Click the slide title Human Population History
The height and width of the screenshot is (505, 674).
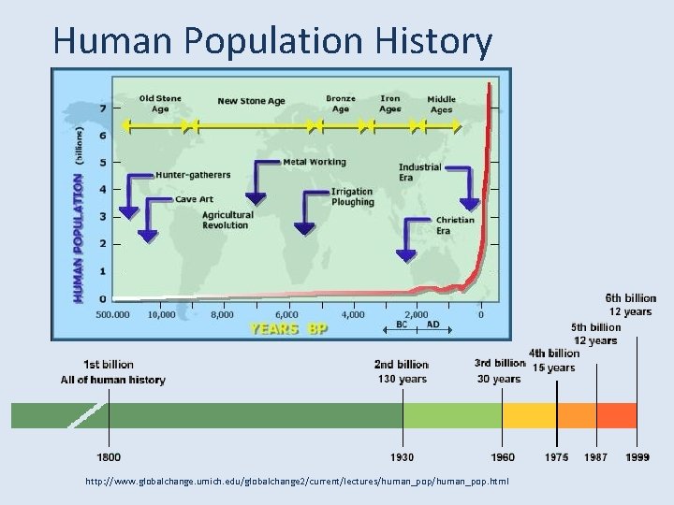click(272, 41)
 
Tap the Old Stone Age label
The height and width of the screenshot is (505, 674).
click(160, 103)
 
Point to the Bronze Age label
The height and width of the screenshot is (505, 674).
click(340, 103)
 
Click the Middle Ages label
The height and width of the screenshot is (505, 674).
click(442, 104)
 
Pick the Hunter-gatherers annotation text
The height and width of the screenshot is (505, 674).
click(194, 175)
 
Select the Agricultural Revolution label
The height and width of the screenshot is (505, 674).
click(227, 220)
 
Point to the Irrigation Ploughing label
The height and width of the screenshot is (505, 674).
click(352, 197)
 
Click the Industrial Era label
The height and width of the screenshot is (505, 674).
click(418, 172)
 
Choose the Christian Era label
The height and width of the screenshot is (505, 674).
click(455, 225)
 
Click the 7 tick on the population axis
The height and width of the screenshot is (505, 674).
click(103, 108)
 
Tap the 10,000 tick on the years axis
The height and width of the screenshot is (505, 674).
click(161, 314)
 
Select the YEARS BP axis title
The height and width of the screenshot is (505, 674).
click(286, 329)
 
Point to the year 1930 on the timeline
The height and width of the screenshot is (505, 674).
click(403, 457)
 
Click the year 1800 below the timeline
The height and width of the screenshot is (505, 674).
click(108, 457)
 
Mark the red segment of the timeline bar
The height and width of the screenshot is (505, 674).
click(617, 415)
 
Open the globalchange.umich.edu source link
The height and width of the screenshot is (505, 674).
click(297, 481)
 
